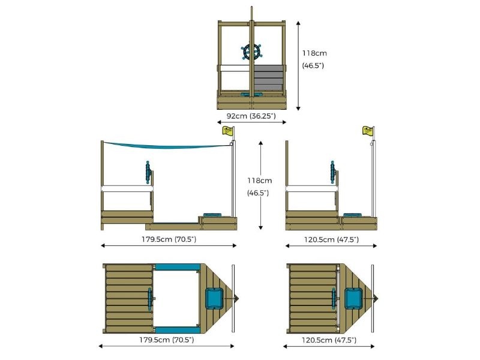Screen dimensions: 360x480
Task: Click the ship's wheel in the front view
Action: [x=252, y=52]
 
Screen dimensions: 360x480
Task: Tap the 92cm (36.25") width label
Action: [x=251, y=115]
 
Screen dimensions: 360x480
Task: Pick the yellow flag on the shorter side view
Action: [x=367, y=131]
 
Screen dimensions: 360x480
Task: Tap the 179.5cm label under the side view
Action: [x=168, y=239]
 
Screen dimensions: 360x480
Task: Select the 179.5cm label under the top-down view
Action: [x=167, y=340]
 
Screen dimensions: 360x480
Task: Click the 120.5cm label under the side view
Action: [x=331, y=239]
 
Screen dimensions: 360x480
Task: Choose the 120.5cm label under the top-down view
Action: [x=331, y=340]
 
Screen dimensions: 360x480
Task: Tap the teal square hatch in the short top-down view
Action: [x=354, y=298]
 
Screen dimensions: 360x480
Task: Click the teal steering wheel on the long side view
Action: [x=147, y=172]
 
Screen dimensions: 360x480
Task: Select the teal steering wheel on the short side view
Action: [x=332, y=172]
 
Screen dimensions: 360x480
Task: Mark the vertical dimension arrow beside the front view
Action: [x=298, y=64]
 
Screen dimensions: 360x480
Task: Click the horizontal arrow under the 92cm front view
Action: [x=251, y=122]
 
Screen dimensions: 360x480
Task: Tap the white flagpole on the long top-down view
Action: [x=233, y=298]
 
